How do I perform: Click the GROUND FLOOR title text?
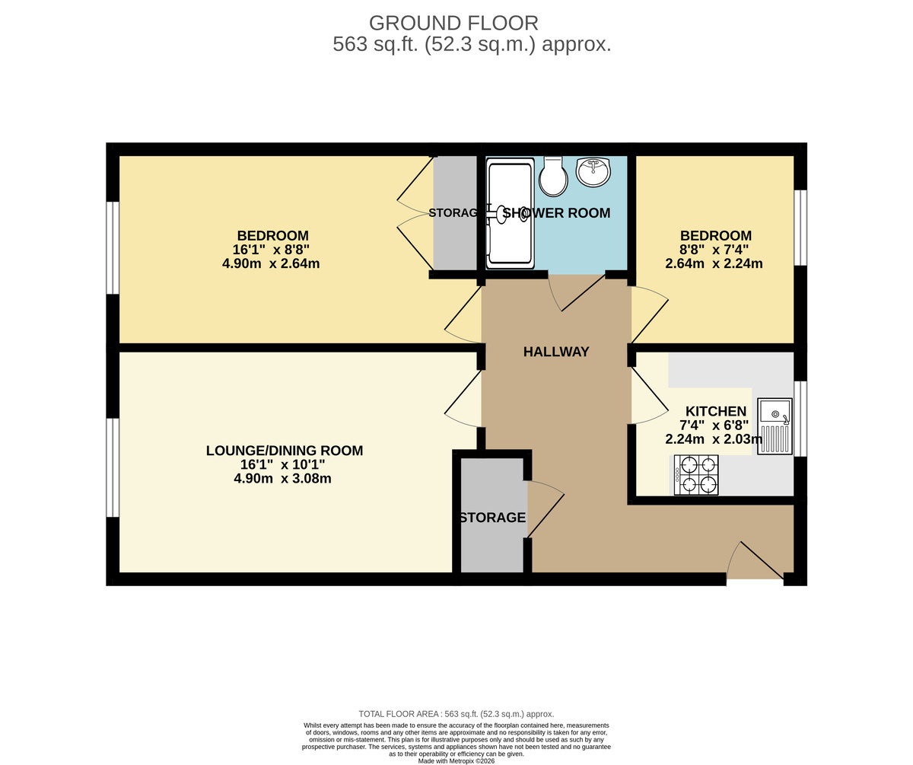[x=453, y=23]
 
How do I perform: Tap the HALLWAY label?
[x=556, y=352]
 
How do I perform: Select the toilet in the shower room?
[x=553, y=177]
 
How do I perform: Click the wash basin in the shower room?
[x=593, y=172]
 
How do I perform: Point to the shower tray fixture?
[x=511, y=213]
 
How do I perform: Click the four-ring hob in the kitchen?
[x=696, y=475]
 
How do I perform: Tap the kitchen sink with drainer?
[x=775, y=426]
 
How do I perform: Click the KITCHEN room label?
[x=716, y=411]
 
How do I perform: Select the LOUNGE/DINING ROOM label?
[x=285, y=451]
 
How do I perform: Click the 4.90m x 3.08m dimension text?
[x=282, y=479]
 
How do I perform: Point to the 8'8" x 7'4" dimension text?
[x=715, y=250]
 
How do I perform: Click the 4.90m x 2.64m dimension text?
[x=271, y=264]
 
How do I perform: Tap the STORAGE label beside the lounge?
[x=492, y=518]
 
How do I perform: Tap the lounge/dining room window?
[x=113, y=467]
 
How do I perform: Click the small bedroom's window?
[x=800, y=228]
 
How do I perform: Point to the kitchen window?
[x=800, y=418]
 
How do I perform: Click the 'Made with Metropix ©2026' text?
[x=456, y=760]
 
